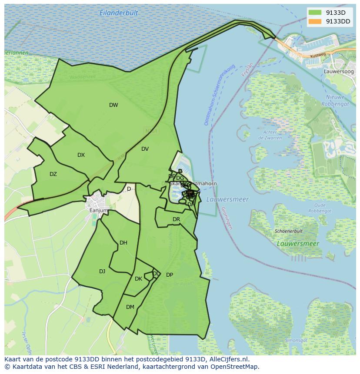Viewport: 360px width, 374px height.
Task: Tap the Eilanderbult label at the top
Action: [x=119, y=13]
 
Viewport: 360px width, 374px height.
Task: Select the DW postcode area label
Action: [x=113, y=105]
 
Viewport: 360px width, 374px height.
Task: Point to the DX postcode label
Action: [x=81, y=155]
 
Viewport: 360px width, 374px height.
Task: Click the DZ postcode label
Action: [x=53, y=174]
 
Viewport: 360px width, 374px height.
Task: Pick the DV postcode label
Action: [x=145, y=149]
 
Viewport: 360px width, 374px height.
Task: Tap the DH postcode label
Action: [x=123, y=243]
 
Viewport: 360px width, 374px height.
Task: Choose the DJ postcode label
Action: [x=102, y=271]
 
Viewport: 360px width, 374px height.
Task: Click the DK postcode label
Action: [x=138, y=279]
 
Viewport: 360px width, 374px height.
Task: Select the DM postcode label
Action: [x=130, y=307]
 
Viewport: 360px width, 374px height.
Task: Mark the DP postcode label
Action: [x=170, y=275]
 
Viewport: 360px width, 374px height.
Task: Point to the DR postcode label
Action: [x=176, y=219]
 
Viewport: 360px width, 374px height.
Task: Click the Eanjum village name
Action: [x=98, y=210]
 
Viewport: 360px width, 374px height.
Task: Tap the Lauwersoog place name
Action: [x=339, y=71]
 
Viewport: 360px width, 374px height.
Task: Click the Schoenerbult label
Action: [x=288, y=232]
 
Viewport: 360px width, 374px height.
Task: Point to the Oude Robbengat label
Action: [x=320, y=208]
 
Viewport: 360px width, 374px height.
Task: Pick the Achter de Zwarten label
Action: [x=270, y=135]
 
